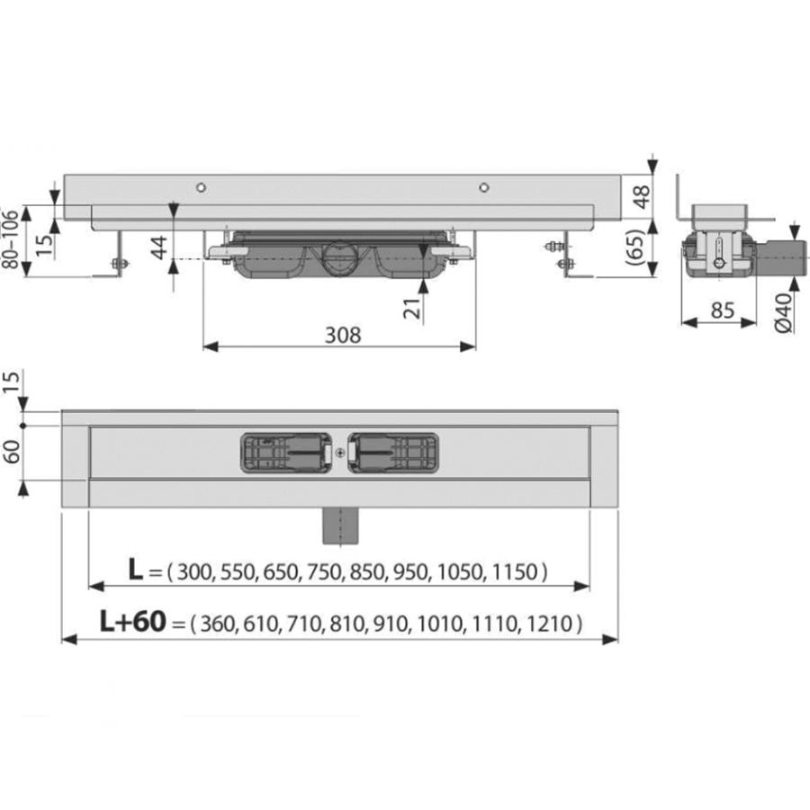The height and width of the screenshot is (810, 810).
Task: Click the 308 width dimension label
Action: (343, 336)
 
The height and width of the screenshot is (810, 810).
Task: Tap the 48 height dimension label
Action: (642, 197)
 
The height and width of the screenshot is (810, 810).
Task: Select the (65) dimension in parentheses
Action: (636, 247)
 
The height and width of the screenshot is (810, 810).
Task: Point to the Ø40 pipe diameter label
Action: (783, 312)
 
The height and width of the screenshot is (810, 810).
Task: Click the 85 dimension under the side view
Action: (722, 310)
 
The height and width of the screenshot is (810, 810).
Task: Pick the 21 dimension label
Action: (413, 309)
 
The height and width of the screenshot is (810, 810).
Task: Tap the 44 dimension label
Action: (159, 247)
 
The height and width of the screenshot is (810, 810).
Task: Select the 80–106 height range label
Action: (10, 239)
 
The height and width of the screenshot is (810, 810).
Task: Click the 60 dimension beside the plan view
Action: (12, 452)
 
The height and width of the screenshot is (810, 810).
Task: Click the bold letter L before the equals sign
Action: (135, 570)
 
